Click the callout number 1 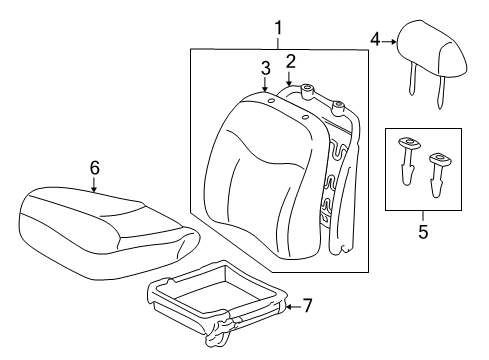point(278,28)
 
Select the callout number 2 point(291,61)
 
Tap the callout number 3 point(265,68)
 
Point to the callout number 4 point(376,40)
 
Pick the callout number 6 point(94,168)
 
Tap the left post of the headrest point(412,85)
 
